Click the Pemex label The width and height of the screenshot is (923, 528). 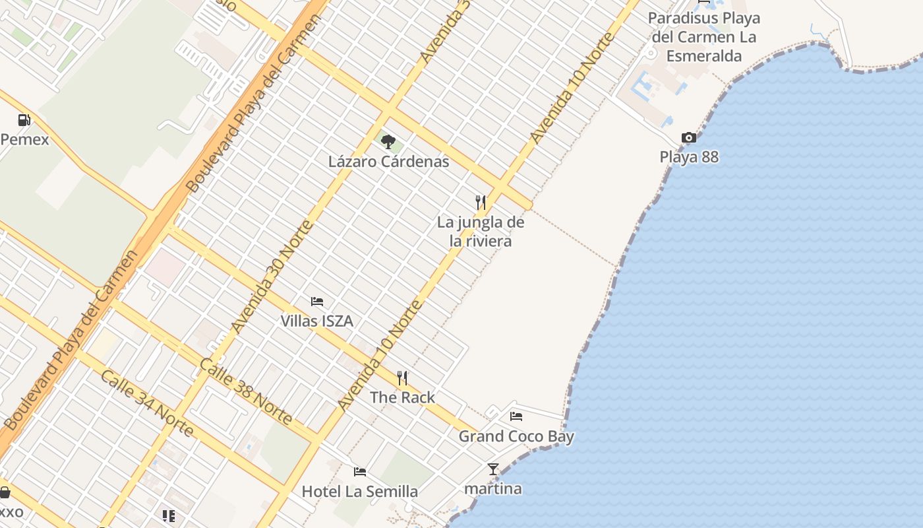coord(25,139)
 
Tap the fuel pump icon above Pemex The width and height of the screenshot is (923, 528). coord(24,120)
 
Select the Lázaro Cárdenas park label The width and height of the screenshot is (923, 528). coord(388,162)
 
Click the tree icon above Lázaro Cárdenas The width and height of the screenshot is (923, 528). coord(388,141)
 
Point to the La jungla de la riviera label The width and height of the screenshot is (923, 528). coord(481,232)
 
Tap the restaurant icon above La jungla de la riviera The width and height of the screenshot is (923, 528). coord(481,202)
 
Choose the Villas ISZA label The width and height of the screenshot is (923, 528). coord(317,321)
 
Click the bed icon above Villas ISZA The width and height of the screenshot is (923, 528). coord(317,302)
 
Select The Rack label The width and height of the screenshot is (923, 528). coord(402,397)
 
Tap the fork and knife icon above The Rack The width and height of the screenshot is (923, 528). coord(402,378)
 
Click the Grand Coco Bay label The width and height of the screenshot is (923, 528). coord(516,436)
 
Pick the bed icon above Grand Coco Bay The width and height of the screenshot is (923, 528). coord(516,416)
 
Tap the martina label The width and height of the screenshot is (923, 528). coord(493,489)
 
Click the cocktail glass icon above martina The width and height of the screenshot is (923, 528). coord(493,469)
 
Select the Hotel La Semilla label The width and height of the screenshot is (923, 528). coord(360,492)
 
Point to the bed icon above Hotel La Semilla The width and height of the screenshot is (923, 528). coord(360,471)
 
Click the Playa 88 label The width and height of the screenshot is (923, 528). coord(689,157)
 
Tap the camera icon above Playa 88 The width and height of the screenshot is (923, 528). coord(689,137)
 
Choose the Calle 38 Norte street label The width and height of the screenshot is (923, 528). coord(246,391)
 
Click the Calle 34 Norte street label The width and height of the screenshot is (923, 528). coord(147,403)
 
